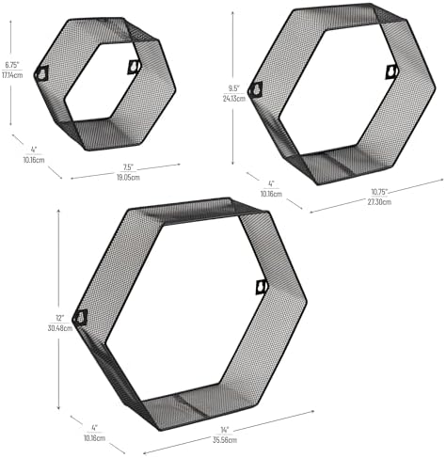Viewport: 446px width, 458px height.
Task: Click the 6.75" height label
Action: pyautogui.click(x=12, y=65)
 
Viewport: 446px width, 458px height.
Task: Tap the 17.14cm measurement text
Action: pyautogui.click(x=12, y=75)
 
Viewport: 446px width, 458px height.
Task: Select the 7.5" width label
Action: pyautogui.click(x=128, y=167)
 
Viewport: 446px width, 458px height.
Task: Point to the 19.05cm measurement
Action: pyautogui.click(x=128, y=178)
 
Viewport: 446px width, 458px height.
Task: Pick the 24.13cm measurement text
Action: pyautogui.click(x=234, y=99)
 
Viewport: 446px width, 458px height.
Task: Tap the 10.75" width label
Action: pyautogui.click(x=379, y=191)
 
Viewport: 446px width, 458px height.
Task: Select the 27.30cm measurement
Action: pyautogui.click(x=379, y=201)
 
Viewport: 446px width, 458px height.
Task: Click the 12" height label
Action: pyautogui.click(x=60, y=318)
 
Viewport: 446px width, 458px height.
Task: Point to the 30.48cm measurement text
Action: pyautogui.click(x=61, y=328)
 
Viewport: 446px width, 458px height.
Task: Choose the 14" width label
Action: pyautogui.click(x=225, y=429)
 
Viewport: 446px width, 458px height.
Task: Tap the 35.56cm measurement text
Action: pyautogui.click(x=225, y=440)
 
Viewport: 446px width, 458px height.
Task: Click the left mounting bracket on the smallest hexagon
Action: pyautogui.click(x=42, y=73)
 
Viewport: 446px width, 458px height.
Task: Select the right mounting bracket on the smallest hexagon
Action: pyautogui.click(x=135, y=67)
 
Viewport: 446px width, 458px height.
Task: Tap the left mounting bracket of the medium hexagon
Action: pyautogui.click(x=255, y=90)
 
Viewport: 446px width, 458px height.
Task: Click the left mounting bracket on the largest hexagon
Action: pyautogui.click(x=81, y=317)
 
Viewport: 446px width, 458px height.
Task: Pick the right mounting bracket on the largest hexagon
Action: pyautogui.click(x=262, y=287)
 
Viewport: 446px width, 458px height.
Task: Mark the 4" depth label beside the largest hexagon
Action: pyautogui.click(x=94, y=427)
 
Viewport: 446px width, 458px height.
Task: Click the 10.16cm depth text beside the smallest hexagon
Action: pyautogui.click(x=34, y=160)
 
